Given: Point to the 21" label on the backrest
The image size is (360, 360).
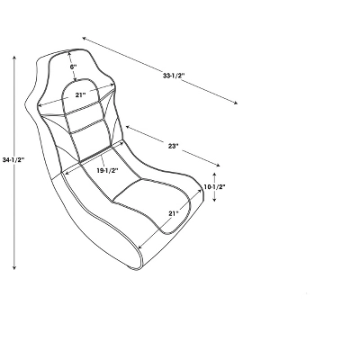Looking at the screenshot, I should coord(80,94).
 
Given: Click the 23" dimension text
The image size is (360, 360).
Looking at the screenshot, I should coord(173,146).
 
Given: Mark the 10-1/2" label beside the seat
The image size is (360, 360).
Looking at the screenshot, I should coord(215,187).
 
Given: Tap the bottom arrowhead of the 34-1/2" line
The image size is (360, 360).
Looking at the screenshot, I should coord(16,269).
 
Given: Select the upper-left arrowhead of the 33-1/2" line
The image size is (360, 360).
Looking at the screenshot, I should coord(84,38).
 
